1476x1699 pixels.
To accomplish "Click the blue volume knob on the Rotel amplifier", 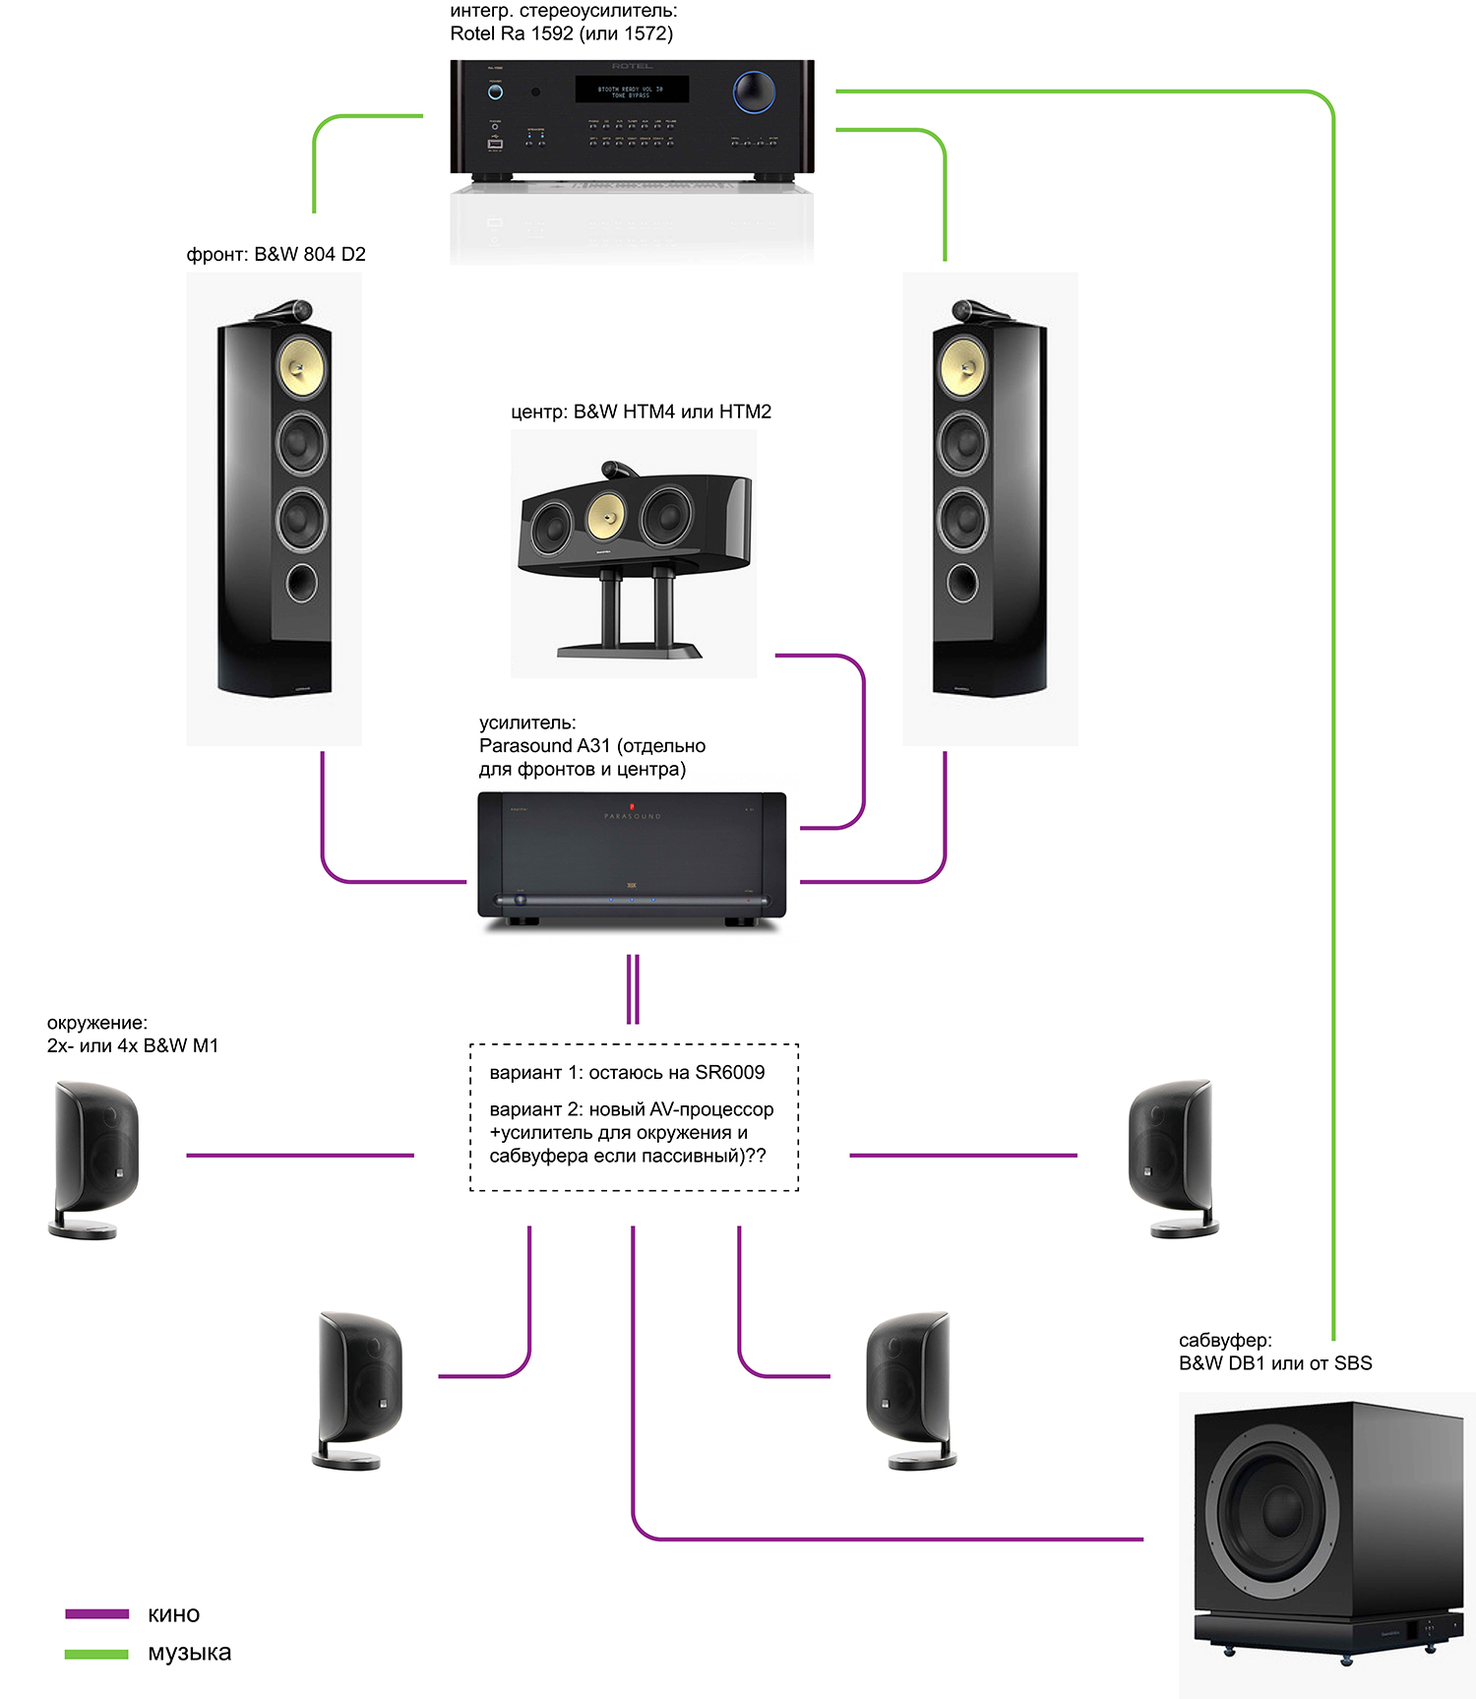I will click(x=754, y=92).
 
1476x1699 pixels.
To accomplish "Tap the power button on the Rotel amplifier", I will click(x=495, y=92).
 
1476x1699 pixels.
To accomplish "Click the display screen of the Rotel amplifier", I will click(x=632, y=90).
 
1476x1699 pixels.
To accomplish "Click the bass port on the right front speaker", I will click(x=962, y=583).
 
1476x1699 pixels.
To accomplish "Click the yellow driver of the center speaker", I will click(x=606, y=515).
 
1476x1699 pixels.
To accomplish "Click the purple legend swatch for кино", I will click(x=96, y=1614).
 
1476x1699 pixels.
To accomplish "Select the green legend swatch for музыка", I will click(x=96, y=1654).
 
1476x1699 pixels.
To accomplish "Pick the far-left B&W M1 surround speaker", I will click(x=94, y=1158).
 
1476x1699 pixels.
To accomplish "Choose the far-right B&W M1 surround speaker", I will click(x=1172, y=1158).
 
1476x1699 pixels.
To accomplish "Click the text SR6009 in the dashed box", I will click(x=729, y=1073).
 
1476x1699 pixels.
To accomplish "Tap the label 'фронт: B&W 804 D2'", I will click(x=276, y=255).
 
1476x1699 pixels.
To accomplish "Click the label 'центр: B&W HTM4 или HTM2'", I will click(x=641, y=412).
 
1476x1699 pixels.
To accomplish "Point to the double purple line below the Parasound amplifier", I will click(x=633, y=988).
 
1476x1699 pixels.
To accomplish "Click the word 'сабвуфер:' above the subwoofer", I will click(x=1225, y=1341).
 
